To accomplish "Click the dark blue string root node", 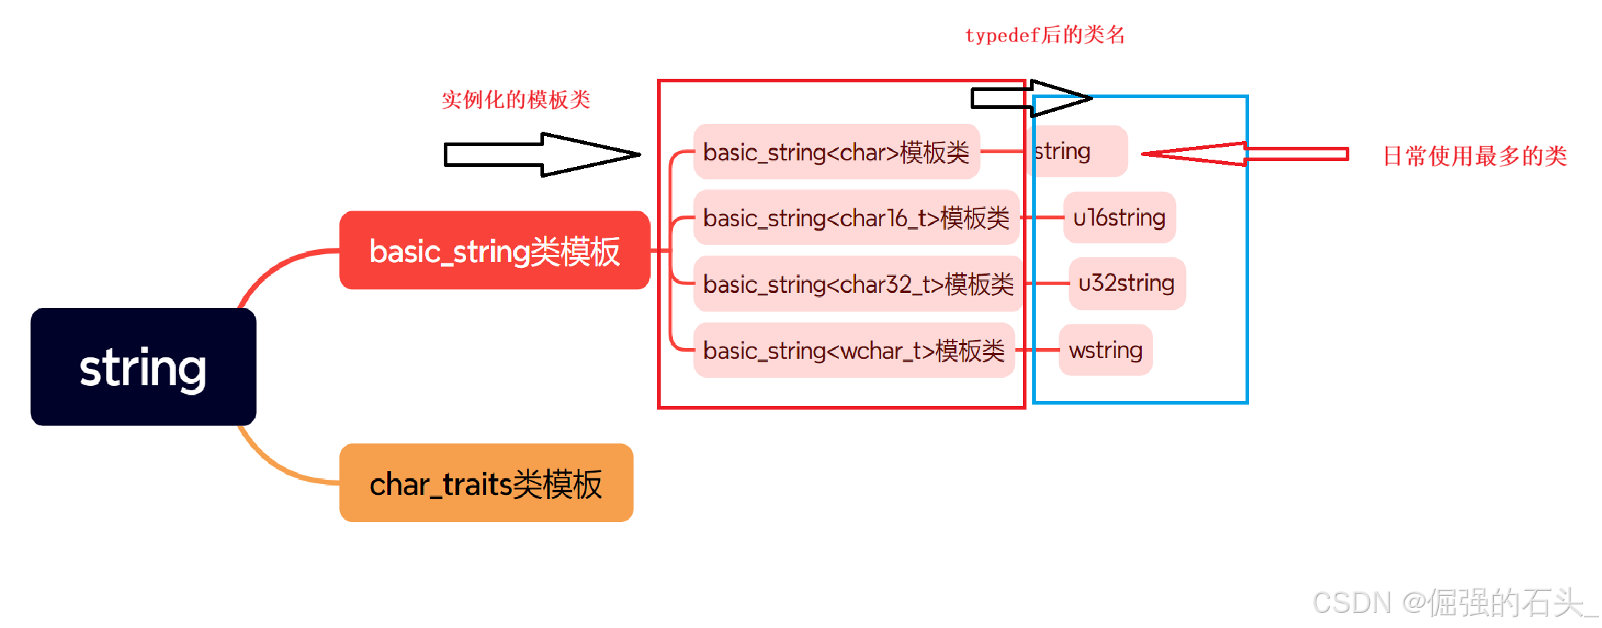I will tap(143, 367).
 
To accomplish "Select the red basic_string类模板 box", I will tap(494, 251).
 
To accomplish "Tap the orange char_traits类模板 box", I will tap(486, 483).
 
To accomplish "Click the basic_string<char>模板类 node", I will tap(835, 152).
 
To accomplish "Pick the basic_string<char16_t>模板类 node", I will tap(855, 218).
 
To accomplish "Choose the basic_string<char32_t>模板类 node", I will tap(858, 284).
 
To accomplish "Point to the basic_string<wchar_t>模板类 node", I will tap(853, 351).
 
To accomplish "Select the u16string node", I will tap(1119, 218).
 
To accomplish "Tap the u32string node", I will tap(1126, 284).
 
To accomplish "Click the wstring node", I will tap(1105, 350).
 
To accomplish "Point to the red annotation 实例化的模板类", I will tap(515, 100).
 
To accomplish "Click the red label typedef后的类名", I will tap(1044, 35).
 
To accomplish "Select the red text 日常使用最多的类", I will tap(1474, 156).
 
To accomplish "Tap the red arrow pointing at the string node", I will tap(1246, 154).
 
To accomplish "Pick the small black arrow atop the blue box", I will tap(1031, 98).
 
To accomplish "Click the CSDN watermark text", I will tap(1453, 603).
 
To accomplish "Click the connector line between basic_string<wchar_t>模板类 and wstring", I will tap(1037, 350).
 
